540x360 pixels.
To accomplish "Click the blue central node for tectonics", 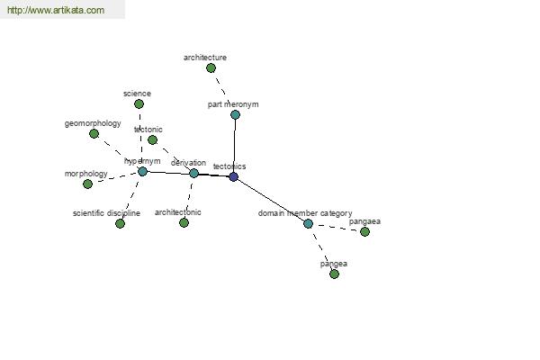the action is click(233, 176).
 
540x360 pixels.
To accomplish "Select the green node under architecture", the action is click(211, 68).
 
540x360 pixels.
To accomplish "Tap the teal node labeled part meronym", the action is click(235, 114).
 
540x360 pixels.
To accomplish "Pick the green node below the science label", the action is click(139, 104).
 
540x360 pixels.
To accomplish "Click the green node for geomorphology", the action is click(94, 134).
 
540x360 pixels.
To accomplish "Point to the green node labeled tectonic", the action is click(153, 139).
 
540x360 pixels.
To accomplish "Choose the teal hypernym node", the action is click(142, 171).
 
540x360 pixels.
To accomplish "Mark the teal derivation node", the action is click(193, 174).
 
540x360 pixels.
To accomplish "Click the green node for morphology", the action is click(88, 184).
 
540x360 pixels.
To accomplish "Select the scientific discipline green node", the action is click(120, 223).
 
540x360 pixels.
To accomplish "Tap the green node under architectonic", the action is click(184, 223).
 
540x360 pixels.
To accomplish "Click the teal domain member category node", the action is click(308, 223).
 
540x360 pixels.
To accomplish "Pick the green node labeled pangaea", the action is click(364, 232).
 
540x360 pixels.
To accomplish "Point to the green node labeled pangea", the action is click(334, 274).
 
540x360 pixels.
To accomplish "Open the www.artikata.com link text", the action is click(56, 10).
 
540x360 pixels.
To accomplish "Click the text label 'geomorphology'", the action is click(93, 123).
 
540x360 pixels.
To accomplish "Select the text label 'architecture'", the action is click(205, 58).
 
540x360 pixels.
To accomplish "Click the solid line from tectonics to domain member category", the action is click(271, 200).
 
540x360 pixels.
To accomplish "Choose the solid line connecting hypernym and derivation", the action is click(168, 172).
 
